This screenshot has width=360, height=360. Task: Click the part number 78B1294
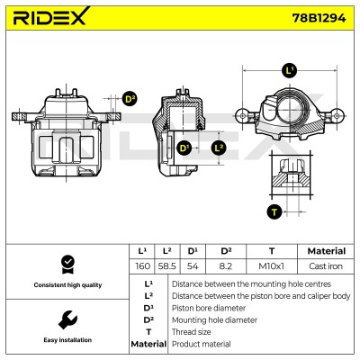coord(319,18)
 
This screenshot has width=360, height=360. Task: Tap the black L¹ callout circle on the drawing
coord(290,71)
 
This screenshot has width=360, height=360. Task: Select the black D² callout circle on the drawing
coord(130,99)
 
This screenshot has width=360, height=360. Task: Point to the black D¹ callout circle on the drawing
coord(184,148)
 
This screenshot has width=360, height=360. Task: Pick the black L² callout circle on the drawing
coord(218,148)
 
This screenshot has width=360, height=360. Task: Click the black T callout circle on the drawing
coord(274,211)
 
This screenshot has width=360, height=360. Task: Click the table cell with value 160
coord(142,266)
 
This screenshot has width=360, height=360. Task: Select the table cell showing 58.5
coord(166,266)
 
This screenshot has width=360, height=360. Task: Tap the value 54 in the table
coord(193,266)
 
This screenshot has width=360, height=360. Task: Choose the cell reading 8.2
coord(226,266)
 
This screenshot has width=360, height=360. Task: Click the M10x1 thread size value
coord(271,266)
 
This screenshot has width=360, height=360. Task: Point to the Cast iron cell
coord(326,266)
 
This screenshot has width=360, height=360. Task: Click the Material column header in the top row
coord(327,251)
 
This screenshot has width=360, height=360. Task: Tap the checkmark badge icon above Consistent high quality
coord(67,265)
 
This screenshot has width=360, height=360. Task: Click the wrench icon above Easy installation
coord(67,319)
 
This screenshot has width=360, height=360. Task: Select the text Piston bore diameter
coord(209,308)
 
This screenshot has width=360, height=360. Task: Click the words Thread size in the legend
coord(191,332)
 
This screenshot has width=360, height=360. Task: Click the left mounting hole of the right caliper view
coord(242,115)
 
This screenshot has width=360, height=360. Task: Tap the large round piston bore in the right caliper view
coord(289,110)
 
